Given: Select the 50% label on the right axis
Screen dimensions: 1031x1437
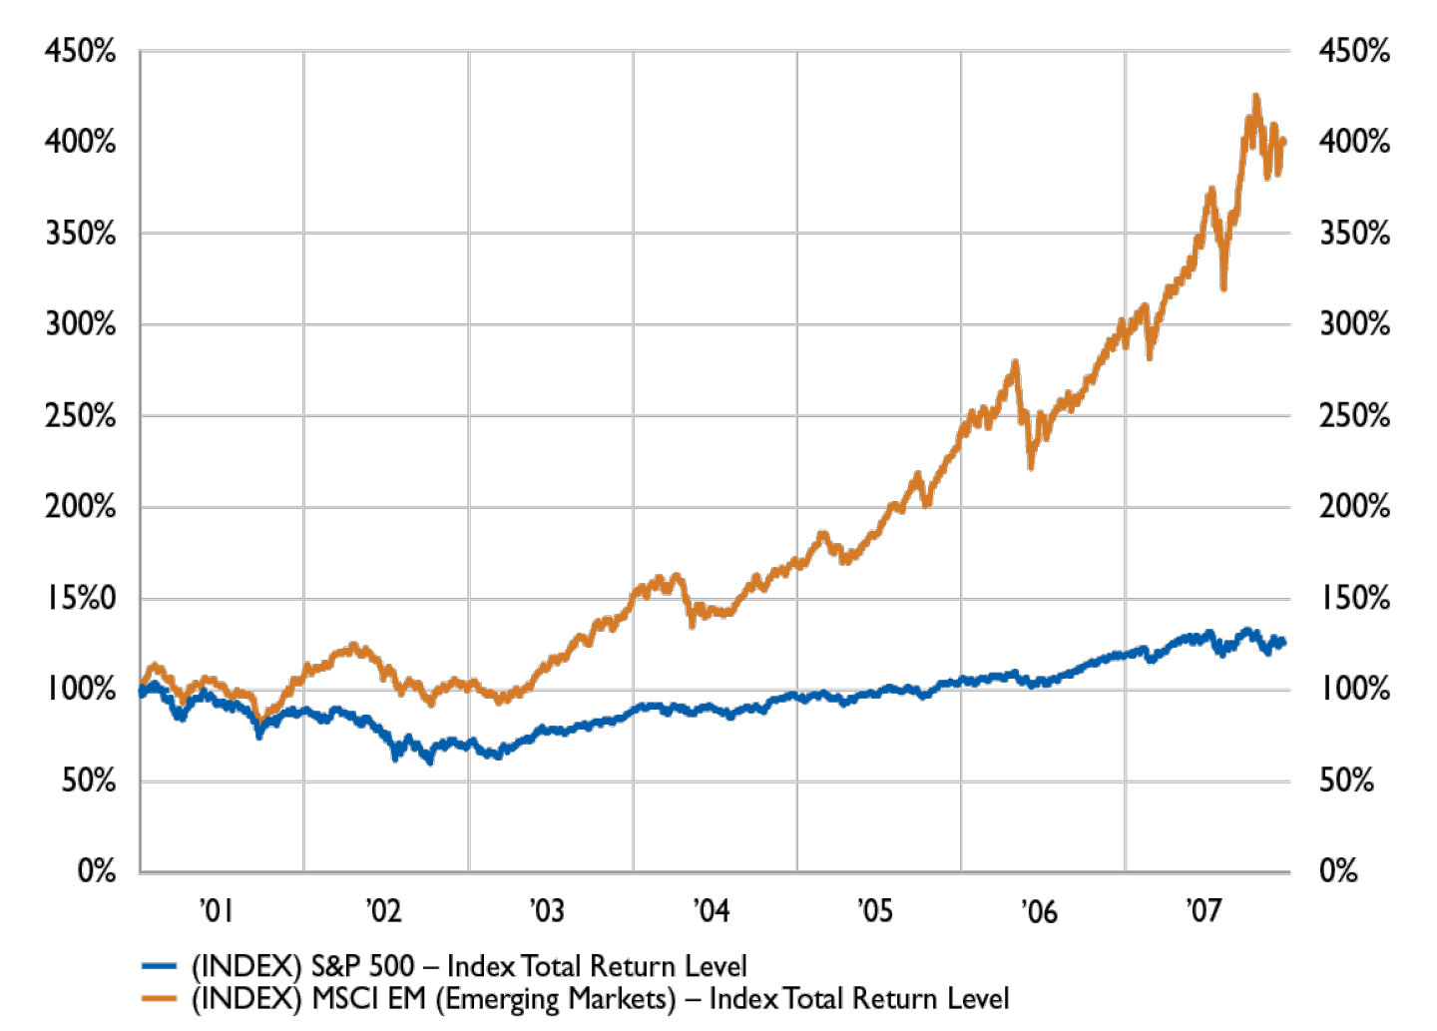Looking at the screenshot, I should point(1347,779).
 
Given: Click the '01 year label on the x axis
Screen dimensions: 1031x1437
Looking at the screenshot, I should point(217,909).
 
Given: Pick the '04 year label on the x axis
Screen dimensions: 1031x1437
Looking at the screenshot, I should point(711,909).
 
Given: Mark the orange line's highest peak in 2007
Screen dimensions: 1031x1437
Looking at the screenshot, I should point(1255,95).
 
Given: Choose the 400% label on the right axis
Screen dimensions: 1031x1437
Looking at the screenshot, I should point(1354,142).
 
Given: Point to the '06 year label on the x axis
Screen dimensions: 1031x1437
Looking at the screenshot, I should point(1040,909).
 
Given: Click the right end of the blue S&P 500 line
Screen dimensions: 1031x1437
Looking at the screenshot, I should point(1284,642).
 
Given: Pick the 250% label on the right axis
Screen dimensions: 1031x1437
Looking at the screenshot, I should point(1354,415).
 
